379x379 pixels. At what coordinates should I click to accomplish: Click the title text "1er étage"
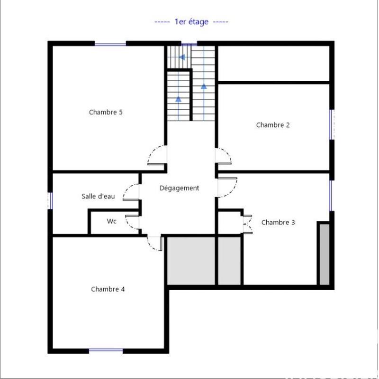point(191,22)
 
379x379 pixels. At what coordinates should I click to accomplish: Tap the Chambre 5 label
point(106,113)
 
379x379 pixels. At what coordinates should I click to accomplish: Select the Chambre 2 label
point(273,125)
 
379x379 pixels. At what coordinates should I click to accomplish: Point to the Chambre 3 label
point(278,222)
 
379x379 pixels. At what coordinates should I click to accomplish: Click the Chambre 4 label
point(108,289)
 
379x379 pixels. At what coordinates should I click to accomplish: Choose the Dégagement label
point(179,188)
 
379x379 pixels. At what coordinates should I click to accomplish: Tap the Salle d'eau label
point(98,196)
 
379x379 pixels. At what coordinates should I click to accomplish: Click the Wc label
point(111,221)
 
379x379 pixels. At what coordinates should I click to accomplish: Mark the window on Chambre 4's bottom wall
point(106,351)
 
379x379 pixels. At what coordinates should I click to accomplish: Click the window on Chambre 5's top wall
point(110,44)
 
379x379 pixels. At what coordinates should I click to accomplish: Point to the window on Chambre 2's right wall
point(332,124)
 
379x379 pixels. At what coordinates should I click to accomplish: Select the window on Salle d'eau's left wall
point(50,200)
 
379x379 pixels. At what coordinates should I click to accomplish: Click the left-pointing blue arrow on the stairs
point(181,57)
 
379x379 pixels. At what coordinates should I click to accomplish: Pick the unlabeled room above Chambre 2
point(273,64)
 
